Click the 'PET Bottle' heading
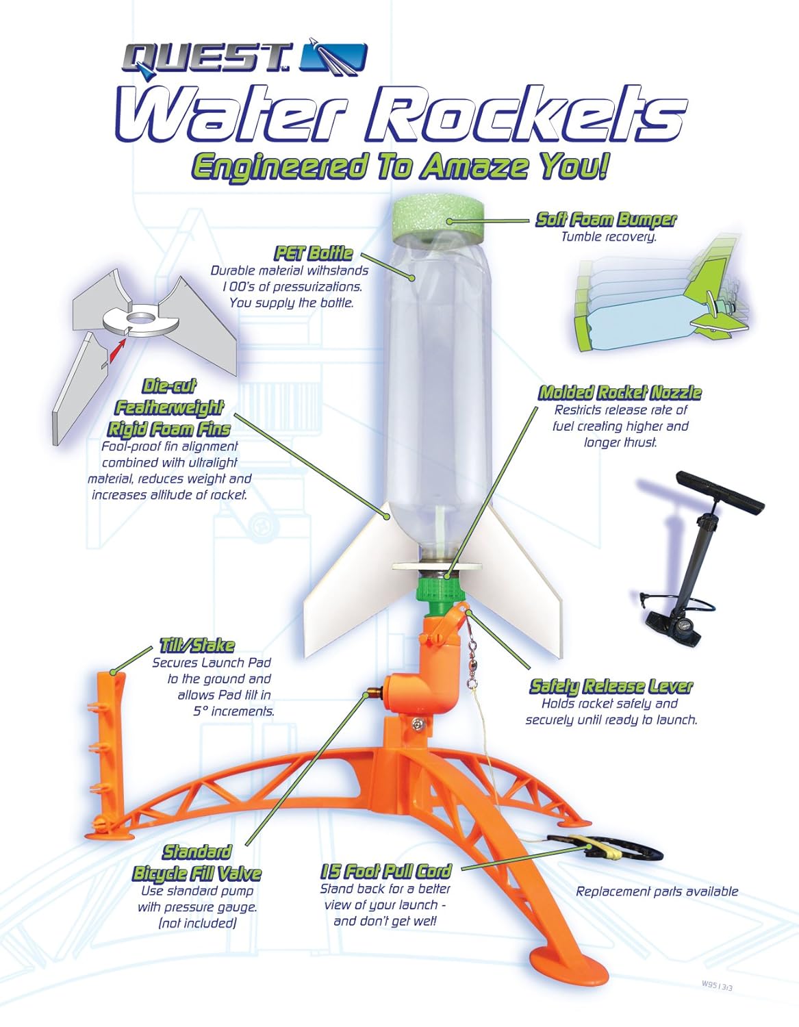[314, 253]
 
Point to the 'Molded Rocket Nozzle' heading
[620, 393]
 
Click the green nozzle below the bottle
[442, 592]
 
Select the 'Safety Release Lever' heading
[611, 686]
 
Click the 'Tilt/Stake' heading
[196, 646]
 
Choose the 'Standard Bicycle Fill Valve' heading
[196, 863]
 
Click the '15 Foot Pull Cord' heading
[386, 872]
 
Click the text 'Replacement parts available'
[657, 891]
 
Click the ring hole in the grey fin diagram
[140, 319]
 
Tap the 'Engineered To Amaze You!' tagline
[398, 167]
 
